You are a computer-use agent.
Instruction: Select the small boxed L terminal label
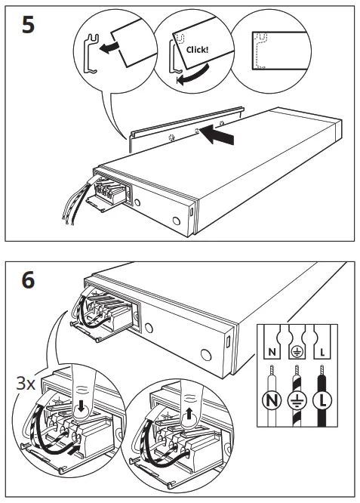click(x=322, y=351)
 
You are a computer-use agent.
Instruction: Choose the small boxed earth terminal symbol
click(x=297, y=351)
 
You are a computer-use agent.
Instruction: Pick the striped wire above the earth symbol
click(x=297, y=375)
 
